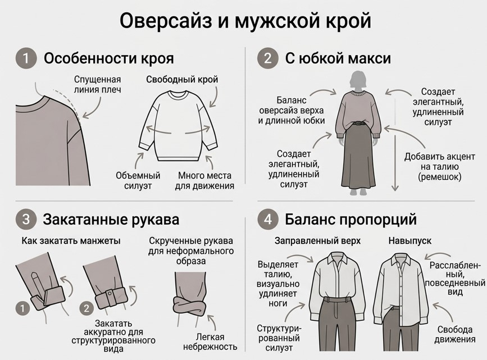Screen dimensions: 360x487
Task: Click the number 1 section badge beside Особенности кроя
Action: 25,58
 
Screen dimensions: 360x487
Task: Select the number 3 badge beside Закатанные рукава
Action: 25,219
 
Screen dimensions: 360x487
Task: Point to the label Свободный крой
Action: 182,80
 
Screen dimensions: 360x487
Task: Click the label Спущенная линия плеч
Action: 97,84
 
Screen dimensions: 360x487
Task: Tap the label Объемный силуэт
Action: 138,180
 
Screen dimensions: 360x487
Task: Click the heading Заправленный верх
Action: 317,240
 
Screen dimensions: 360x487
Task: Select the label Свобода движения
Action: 454,334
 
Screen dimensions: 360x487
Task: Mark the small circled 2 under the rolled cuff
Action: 86,308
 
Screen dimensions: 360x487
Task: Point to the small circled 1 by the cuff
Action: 22,308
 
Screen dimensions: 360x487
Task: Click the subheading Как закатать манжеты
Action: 71,240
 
